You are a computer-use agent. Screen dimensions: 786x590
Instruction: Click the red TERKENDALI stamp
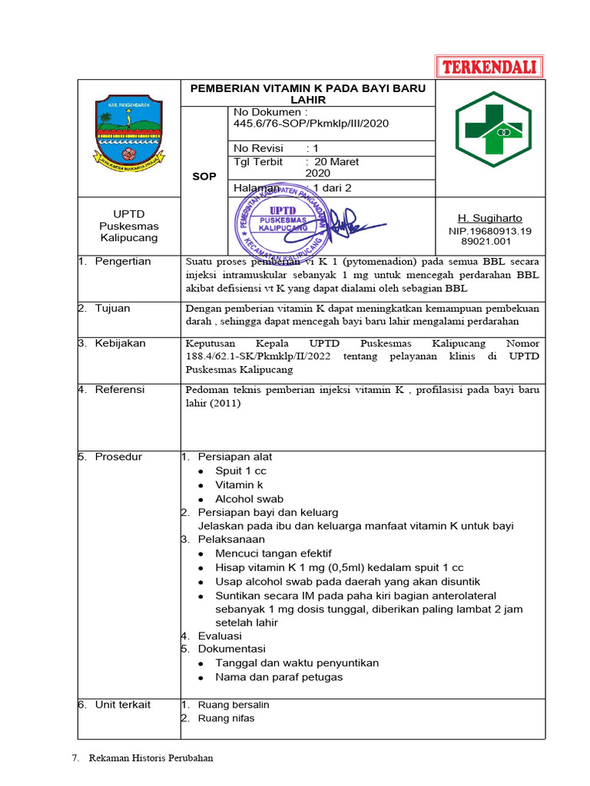point(489,67)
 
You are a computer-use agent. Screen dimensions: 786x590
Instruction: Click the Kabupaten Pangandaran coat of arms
point(128,131)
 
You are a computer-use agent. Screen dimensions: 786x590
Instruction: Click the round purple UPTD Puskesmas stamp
point(283,222)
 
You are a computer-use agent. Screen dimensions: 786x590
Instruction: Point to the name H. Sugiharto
point(489,219)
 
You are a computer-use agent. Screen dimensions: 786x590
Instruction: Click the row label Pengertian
point(123,262)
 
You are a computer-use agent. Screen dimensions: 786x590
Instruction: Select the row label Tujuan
point(112,309)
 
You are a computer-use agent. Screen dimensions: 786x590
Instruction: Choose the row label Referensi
point(120,390)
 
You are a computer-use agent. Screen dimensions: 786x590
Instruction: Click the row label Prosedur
point(118,457)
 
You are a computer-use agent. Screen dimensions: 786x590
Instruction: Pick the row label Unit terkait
point(123,705)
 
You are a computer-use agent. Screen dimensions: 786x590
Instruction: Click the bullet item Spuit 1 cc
point(240,471)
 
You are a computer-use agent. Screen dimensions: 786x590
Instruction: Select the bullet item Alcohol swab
point(249,498)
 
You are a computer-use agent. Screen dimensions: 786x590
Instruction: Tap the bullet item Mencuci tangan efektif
point(273,553)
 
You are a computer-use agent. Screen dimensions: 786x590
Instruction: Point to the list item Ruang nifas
point(226,718)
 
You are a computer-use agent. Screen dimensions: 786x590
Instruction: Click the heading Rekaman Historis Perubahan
point(151,758)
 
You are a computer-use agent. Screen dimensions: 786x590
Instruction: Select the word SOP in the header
point(204,177)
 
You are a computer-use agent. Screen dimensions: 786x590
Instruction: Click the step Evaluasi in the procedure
point(220,636)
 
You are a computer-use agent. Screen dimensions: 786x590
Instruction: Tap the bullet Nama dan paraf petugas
point(279,677)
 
